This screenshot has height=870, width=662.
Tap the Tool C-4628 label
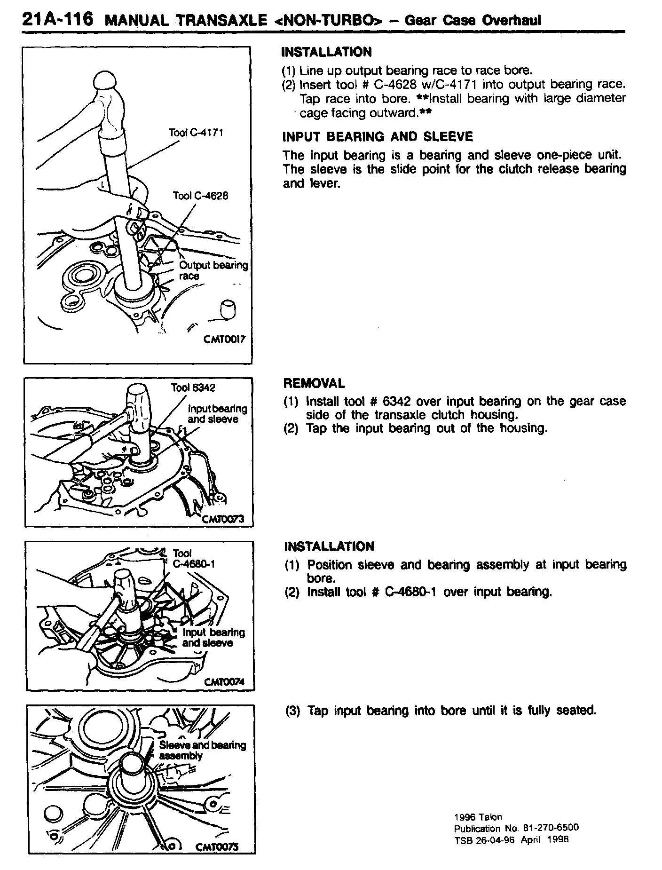click(x=200, y=196)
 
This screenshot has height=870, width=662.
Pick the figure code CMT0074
click(x=225, y=682)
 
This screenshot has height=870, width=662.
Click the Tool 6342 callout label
click(x=193, y=388)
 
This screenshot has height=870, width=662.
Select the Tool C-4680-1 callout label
click(x=193, y=558)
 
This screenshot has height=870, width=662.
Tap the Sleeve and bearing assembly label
click(x=202, y=750)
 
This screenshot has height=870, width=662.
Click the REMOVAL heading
click(x=314, y=383)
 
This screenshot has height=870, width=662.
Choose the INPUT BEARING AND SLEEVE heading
click(x=378, y=137)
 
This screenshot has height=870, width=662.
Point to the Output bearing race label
click(x=213, y=270)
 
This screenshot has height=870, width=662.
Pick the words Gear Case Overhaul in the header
click(x=473, y=20)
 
